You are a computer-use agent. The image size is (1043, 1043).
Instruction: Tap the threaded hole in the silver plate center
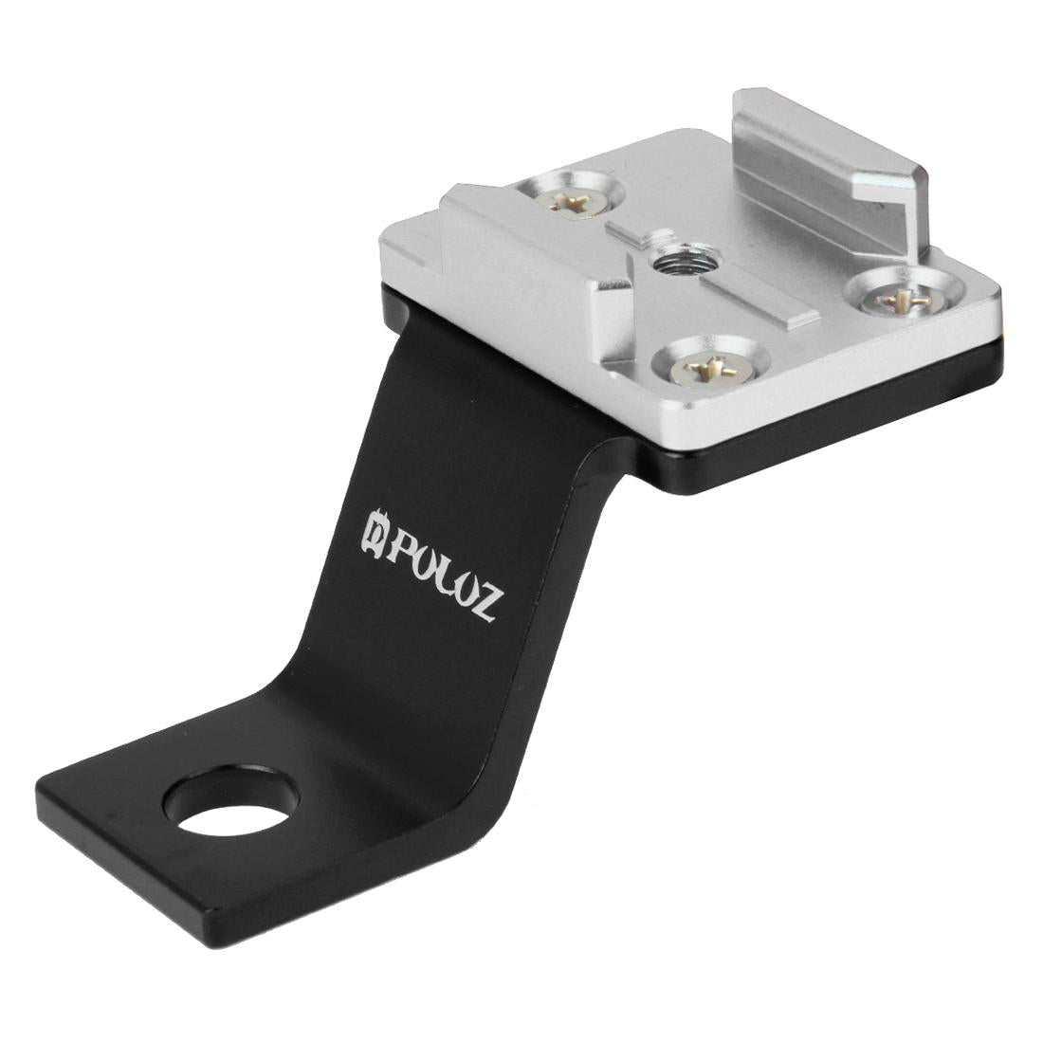tap(676, 259)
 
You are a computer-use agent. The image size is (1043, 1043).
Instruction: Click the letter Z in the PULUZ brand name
tap(480, 604)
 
